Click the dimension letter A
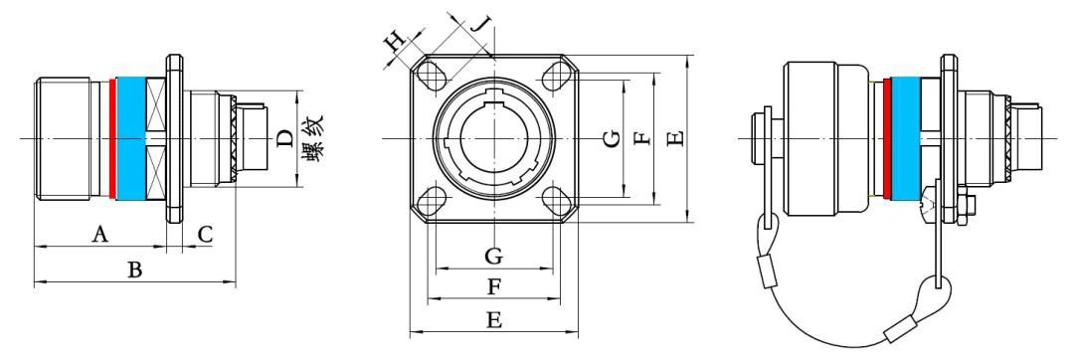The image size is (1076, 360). (100, 236)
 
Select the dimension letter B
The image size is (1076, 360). (135, 270)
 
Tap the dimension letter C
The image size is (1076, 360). (205, 236)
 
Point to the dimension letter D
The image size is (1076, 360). (285, 139)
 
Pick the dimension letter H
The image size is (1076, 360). (396, 44)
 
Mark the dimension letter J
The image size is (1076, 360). (482, 25)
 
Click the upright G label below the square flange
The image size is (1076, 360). (493, 258)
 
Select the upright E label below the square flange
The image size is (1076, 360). (493, 319)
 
